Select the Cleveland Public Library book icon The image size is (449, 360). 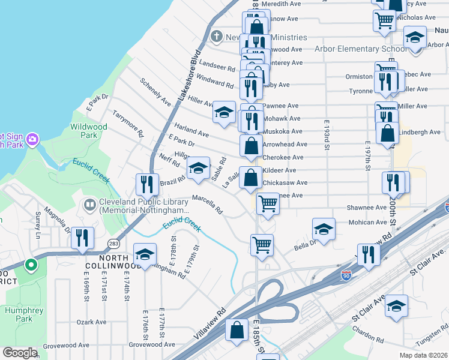pos(90,205)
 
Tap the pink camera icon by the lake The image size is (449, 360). pos(32,140)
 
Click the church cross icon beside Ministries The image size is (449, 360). pos(216,37)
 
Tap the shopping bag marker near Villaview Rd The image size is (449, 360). pos(237,329)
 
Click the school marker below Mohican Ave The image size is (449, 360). pos(324,229)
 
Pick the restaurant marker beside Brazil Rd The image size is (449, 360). pos(146,185)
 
